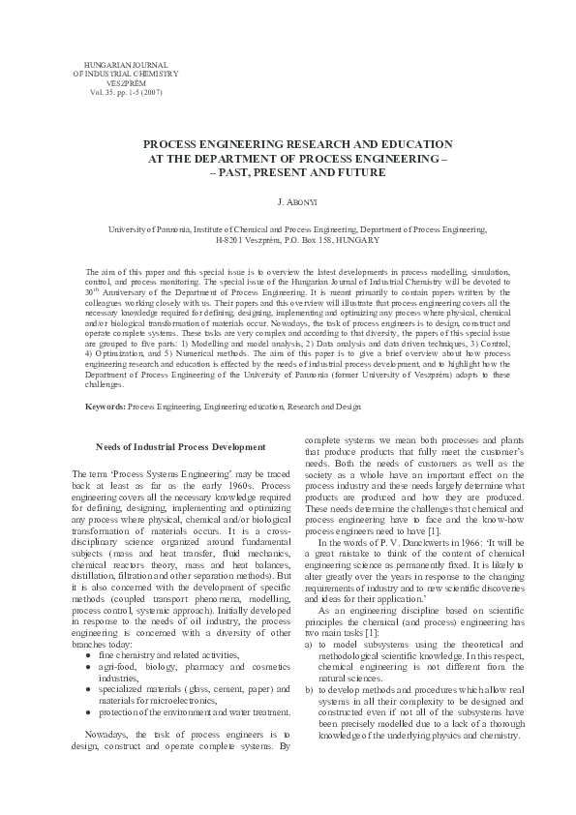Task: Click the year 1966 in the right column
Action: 421,544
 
